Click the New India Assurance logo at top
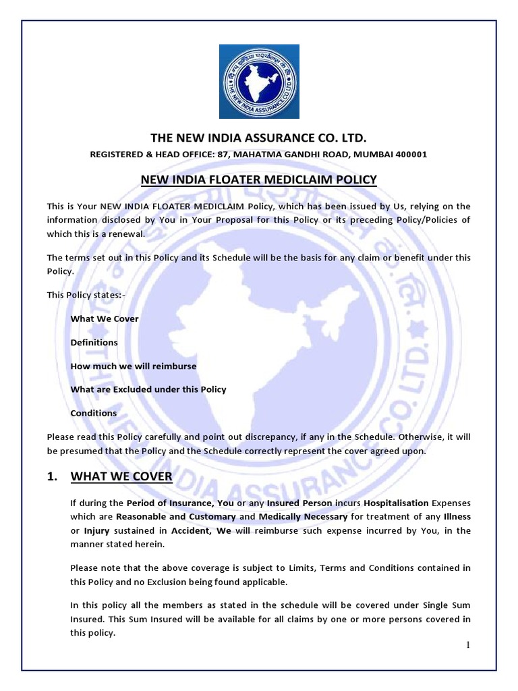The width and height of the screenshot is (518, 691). tap(259, 80)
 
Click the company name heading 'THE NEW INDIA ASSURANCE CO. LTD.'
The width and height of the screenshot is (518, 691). tap(258, 138)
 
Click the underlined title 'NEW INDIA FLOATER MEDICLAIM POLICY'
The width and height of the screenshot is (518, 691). tap(258, 179)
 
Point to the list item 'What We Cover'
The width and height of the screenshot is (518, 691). tap(105, 319)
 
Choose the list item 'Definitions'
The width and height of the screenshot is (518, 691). tap(94, 342)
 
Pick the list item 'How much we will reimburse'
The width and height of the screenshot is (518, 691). tap(134, 366)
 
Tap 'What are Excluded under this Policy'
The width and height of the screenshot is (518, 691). tap(148, 389)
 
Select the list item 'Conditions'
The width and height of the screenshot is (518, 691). tap(93, 413)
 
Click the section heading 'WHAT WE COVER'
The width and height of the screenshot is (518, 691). tap(121, 477)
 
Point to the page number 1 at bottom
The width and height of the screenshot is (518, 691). tap(467, 645)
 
